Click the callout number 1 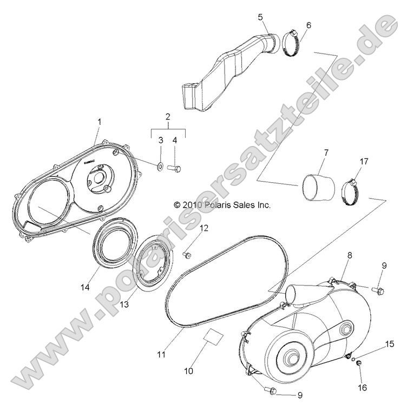tap(99, 123)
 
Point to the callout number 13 tap(124, 305)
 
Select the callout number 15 tap(389, 344)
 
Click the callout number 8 tap(350, 254)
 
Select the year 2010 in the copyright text tap(192, 205)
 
